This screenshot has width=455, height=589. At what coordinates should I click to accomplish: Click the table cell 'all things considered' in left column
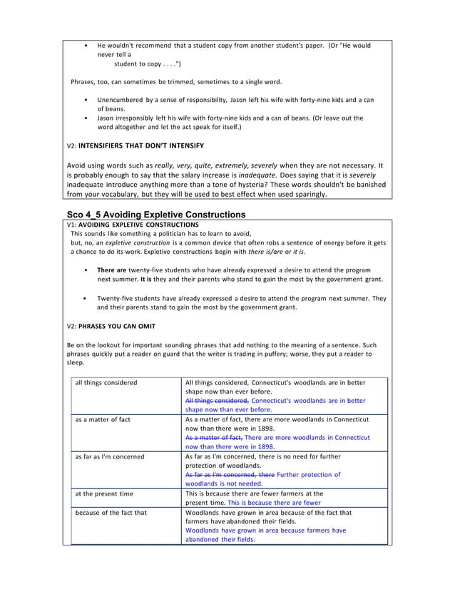coord(107,383)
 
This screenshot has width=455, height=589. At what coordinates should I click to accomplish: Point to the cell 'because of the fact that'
coord(113,512)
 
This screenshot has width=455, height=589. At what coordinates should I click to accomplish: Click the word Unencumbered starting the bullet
coord(124,100)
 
